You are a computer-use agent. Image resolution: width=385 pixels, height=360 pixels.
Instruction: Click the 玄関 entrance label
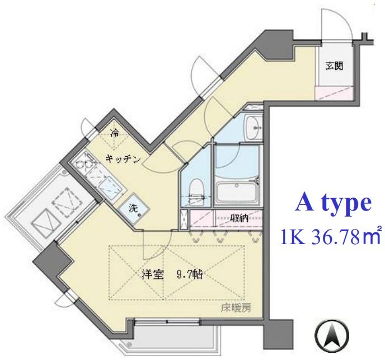coord(335,66)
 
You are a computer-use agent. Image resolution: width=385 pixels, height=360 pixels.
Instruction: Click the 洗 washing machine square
coord(134,209)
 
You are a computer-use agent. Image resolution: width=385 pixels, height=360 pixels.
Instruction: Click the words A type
coord(334,203)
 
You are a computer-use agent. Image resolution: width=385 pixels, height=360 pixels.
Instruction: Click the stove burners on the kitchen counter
coord(83,165)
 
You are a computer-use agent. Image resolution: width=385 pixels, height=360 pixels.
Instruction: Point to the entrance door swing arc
coord(335,26)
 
